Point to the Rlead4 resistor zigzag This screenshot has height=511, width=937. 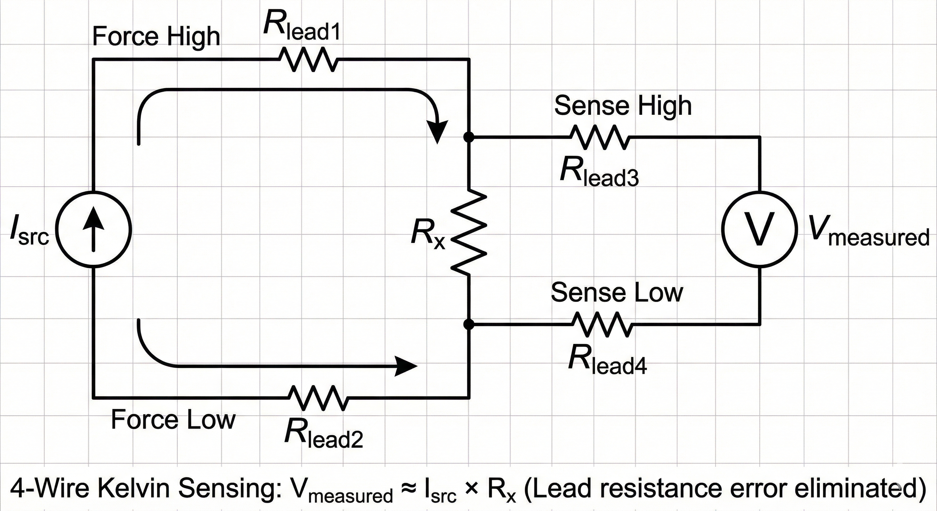602,324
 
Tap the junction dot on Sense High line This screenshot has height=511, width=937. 469,137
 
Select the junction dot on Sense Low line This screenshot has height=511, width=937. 469,324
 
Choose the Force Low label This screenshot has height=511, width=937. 173,420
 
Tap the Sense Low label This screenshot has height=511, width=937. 617,292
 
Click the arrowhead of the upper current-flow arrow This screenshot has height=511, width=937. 437,132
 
